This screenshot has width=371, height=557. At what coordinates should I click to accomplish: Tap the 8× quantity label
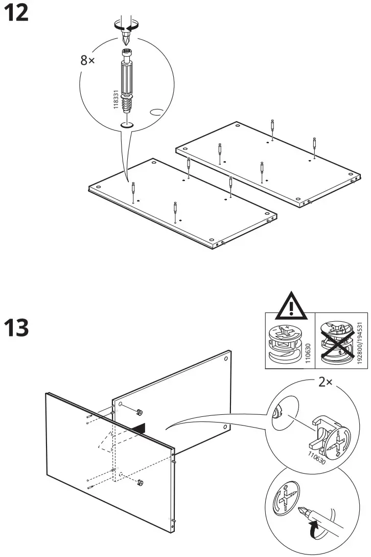(88, 60)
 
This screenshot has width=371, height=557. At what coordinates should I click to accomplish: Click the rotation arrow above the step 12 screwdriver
(126, 24)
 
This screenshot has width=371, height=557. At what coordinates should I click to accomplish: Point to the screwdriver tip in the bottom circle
(304, 510)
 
